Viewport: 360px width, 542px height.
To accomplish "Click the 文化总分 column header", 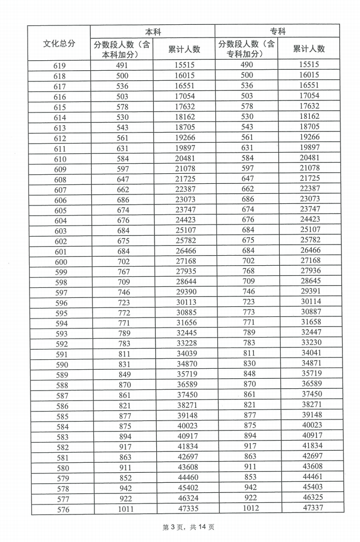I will click(59, 43).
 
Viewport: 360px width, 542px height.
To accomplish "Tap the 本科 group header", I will click(153, 32).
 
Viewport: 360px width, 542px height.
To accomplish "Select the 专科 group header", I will click(277, 31).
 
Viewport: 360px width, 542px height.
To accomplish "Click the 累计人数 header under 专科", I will click(309, 49).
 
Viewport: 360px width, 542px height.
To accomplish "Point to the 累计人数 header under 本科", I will click(184, 49).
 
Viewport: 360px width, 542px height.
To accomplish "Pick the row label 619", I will click(60, 66).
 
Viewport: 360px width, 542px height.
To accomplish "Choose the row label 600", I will click(60, 262).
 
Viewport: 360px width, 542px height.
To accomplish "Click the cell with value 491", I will click(122, 66).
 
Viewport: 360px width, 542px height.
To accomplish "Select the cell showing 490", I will click(247, 64).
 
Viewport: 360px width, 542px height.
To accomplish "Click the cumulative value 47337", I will click(310, 508).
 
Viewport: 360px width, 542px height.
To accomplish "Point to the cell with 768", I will click(248, 271).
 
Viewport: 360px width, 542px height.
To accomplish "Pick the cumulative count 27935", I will click(185, 272).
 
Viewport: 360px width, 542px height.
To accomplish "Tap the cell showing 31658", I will click(310, 322).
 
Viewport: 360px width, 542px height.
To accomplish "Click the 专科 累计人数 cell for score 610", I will click(309, 157).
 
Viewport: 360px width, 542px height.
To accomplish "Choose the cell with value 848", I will click(248, 373).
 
